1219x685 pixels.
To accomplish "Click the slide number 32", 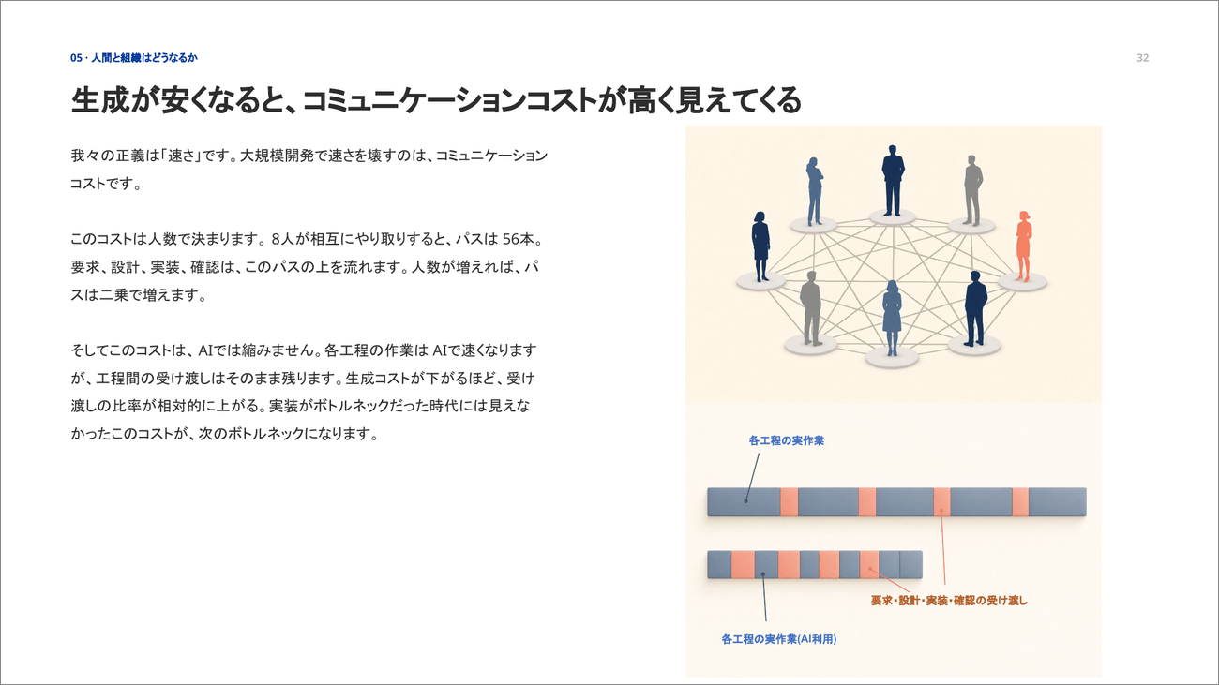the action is (x=1142, y=57).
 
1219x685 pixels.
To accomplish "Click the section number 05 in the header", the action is (x=76, y=57).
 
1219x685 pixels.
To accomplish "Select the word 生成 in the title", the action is (x=100, y=100).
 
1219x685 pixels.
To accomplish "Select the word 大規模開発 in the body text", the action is (x=277, y=156).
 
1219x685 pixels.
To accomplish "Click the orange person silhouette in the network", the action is (x=1024, y=246).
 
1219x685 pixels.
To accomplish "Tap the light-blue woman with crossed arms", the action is (x=815, y=191).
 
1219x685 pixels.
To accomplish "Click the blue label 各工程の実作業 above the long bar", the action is (x=787, y=441).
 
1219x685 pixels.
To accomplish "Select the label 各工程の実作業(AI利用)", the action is (x=778, y=639).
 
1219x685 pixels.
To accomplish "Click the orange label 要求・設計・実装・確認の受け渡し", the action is (x=949, y=601).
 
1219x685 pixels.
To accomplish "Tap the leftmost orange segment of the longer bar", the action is (x=790, y=501).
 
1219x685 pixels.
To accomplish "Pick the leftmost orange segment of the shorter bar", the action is (x=743, y=564).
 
